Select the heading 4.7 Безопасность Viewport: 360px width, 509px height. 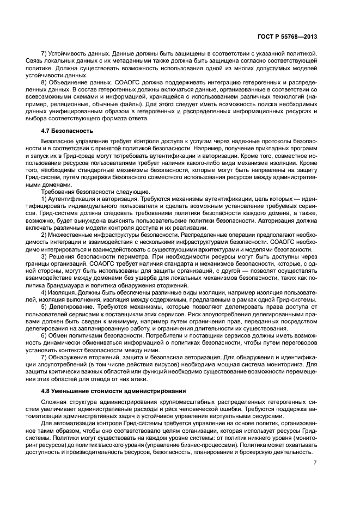(67, 131)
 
